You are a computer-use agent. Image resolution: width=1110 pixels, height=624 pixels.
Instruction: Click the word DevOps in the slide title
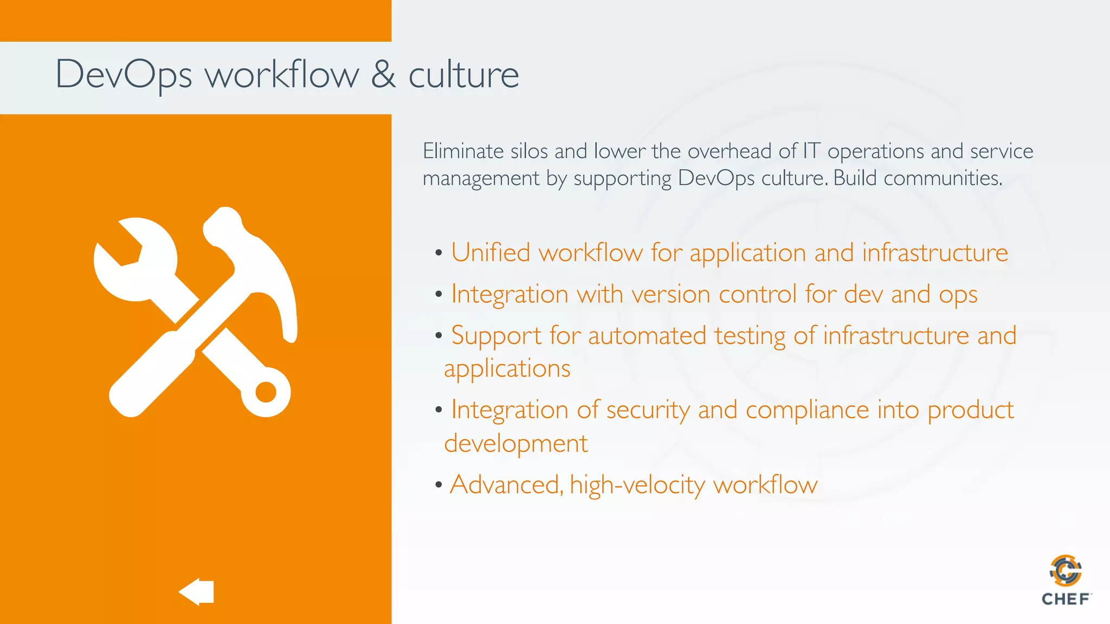(124, 75)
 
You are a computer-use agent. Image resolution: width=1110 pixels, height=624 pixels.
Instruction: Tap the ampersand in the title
(383, 74)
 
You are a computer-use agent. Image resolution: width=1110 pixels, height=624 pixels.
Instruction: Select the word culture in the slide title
(463, 75)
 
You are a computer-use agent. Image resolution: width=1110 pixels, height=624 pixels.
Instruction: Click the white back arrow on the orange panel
(197, 591)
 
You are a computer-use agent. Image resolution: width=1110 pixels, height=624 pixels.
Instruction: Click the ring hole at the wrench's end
(266, 392)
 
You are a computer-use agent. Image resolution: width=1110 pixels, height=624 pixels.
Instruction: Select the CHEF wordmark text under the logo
(1066, 599)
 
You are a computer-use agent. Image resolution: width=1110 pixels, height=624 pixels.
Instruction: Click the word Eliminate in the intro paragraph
(463, 151)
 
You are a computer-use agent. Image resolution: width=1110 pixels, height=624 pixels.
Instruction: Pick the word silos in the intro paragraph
(529, 151)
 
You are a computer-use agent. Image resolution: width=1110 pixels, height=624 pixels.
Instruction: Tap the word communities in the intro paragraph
(943, 178)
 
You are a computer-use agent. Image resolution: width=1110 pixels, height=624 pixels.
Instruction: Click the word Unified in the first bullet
(491, 253)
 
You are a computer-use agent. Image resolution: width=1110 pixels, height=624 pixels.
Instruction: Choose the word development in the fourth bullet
(515, 444)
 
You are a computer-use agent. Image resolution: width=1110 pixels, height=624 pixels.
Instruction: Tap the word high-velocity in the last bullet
(637, 485)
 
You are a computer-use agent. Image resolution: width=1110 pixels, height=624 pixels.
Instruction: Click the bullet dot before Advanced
(438, 484)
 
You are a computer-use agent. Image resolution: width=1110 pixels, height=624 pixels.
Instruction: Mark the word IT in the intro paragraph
(811, 151)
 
